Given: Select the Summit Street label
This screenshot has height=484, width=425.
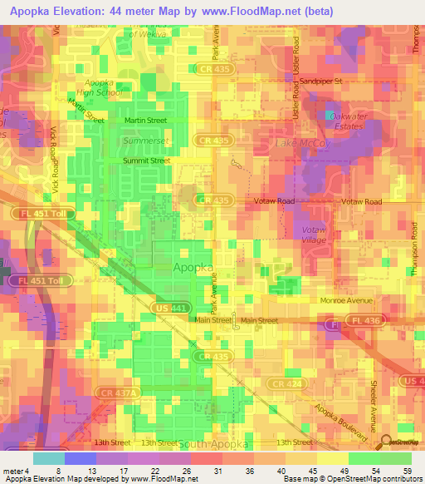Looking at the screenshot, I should click(x=146, y=161).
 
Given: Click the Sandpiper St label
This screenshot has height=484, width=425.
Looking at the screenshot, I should click(x=320, y=81).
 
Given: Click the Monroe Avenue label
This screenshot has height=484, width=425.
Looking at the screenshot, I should click(x=343, y=300).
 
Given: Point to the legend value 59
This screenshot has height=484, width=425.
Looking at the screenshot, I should click(x=407, y=472).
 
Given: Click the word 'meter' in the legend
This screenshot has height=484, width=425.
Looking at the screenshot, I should click(x=12, y=472).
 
